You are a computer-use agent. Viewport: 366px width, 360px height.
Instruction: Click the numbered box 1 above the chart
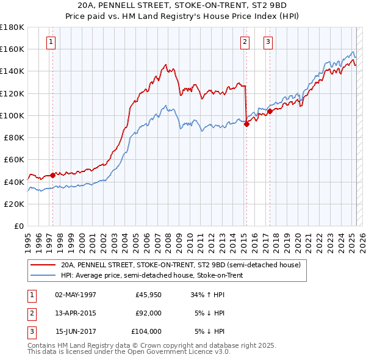tap(50, 42)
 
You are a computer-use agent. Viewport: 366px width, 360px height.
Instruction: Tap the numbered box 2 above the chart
tap(244, 42)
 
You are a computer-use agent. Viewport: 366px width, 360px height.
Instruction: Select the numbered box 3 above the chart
tap(268, 42)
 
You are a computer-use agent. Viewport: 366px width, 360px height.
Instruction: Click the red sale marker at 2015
tap(246, 124)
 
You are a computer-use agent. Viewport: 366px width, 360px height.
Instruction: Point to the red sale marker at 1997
tap(52, 175)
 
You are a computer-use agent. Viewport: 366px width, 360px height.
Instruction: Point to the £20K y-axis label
tap(14, 204)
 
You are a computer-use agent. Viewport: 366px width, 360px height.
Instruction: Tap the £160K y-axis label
tap(12, 49)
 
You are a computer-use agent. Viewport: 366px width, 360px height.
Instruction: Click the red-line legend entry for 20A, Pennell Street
tap(181, 265)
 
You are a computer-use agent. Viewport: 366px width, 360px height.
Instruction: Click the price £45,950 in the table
tap(148, 295)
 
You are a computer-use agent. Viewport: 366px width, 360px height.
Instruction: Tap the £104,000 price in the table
tap(146, 331)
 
